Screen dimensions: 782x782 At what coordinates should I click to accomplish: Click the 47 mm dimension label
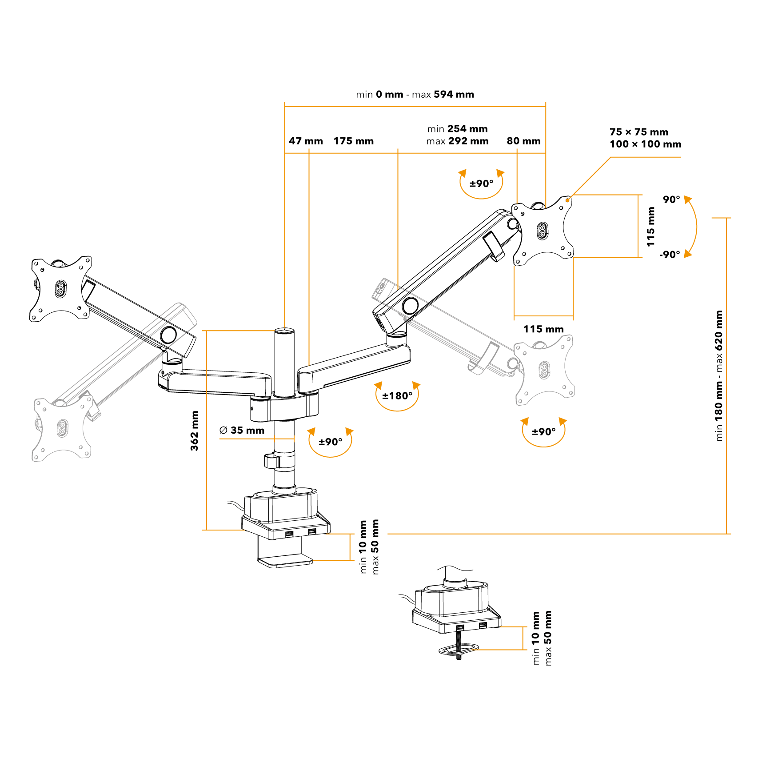[x=306, y=141]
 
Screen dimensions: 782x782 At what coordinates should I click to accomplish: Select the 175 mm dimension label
[x=353, y=141]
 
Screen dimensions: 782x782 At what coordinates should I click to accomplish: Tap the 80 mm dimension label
[x=523, y=141]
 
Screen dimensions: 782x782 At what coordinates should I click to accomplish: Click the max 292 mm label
[x=457, y=141]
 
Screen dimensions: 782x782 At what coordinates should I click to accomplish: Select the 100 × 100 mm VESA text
[x=645, y=144]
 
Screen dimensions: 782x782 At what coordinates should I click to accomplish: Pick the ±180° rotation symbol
[x=397, y=395]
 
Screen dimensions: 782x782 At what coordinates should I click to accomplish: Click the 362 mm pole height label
[x=194, y=431]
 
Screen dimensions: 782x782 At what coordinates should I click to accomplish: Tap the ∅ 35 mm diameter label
[x=242, y=430]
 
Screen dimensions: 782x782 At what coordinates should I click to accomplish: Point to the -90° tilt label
[x=670, y=255]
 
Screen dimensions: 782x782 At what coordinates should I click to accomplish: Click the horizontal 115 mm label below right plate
[x=543, y=329]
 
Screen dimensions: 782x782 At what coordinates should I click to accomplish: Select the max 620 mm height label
[x=718, y=341]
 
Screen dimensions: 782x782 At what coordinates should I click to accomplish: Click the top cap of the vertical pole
[x=284, y=331]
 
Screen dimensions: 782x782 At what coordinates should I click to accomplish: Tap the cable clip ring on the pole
[x=271, y=461]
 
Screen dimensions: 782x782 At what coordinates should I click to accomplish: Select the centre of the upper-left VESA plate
[x=60, y=289]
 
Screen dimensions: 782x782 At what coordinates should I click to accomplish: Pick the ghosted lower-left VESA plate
[x=62, y=428]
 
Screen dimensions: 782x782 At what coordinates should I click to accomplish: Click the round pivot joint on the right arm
[x=410, y=306]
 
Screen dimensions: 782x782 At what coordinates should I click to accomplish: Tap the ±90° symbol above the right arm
[x=481, y=184]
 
